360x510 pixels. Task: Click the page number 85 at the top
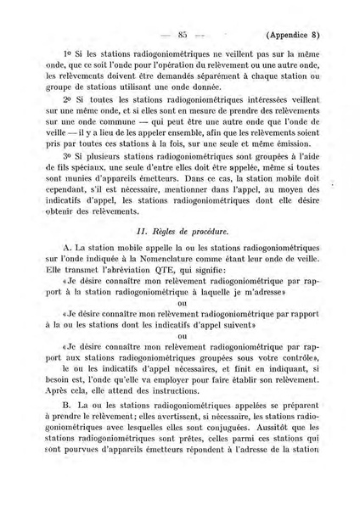tap(182, 35)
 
